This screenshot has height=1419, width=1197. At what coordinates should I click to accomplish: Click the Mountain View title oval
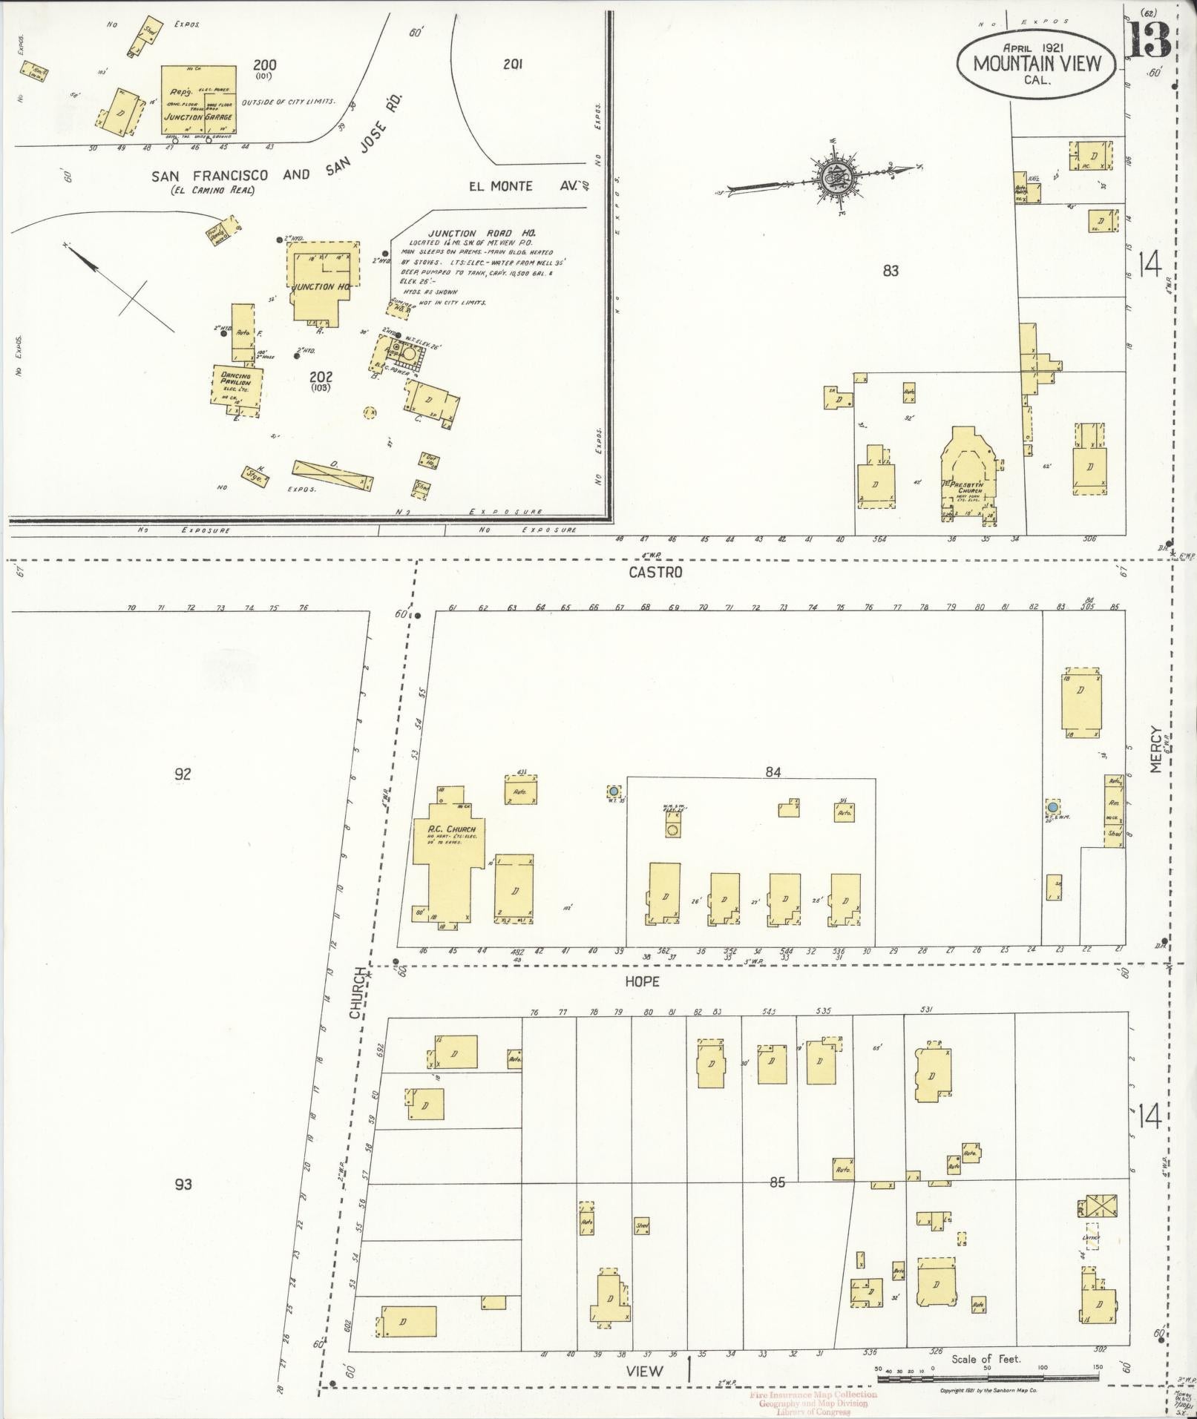tap(1037, 64)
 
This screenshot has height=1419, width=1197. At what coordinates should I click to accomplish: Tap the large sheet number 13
tap(1149, 40)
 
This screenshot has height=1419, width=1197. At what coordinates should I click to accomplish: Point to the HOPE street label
tap(643, 981)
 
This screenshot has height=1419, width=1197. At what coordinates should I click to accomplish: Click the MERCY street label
tap(1155, 748)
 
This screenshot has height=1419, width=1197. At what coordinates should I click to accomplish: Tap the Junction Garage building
tap(199, 100)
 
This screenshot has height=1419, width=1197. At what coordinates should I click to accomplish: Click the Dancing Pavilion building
tap(235, 386)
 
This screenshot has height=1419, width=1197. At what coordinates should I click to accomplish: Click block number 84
tap(773, 772)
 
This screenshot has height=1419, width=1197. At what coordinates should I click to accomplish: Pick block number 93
tap(183, 1184)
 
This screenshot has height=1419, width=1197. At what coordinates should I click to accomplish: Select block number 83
tap(891, 271)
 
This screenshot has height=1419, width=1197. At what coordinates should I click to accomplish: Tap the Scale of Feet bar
tap(987, 1377)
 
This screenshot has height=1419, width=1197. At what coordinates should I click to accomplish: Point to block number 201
tap(512, 65)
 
